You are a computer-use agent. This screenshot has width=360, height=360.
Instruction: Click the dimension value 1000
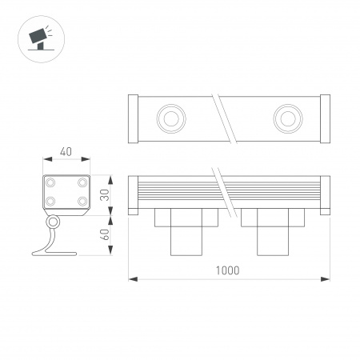[228, 270]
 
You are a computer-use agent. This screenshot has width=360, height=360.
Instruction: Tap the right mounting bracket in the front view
[272, 232]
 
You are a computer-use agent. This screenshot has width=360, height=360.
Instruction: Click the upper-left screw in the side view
[50, 182]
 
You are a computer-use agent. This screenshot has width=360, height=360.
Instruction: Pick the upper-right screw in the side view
[82, 182]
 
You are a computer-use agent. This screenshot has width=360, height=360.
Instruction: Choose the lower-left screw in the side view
[50, 202]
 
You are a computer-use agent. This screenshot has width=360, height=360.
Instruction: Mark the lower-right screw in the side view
[82, 202]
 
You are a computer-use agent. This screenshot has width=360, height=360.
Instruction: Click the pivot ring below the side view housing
[53, 222]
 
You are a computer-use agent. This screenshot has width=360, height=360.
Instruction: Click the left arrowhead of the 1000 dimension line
[134, 278]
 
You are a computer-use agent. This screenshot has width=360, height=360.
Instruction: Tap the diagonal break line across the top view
[230, 118]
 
